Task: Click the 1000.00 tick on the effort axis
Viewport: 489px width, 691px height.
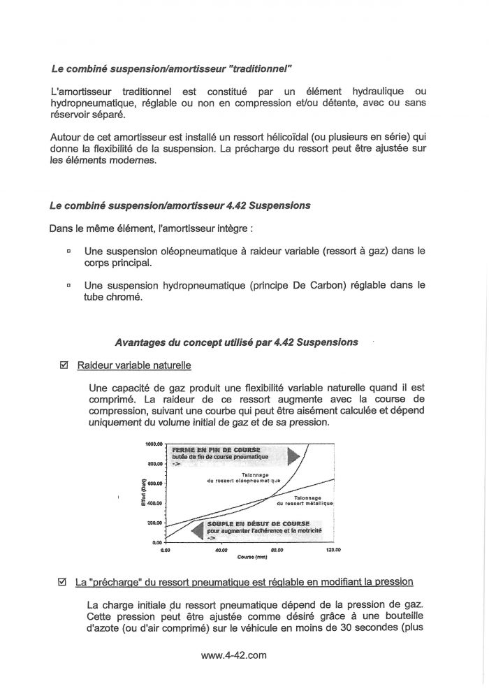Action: [x=154, y=444]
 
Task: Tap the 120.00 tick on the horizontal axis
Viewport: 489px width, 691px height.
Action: [x=333, y=550]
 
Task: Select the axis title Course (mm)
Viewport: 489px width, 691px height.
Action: [x=252, y=558]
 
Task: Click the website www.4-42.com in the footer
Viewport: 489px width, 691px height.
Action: [x=234, y=655]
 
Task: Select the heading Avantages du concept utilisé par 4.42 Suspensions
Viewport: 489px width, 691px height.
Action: [x=236, y=342]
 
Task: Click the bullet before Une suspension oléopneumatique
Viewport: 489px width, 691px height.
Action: [x=68, y=249]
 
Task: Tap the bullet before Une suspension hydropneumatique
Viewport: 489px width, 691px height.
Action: [x=68, y=284]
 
